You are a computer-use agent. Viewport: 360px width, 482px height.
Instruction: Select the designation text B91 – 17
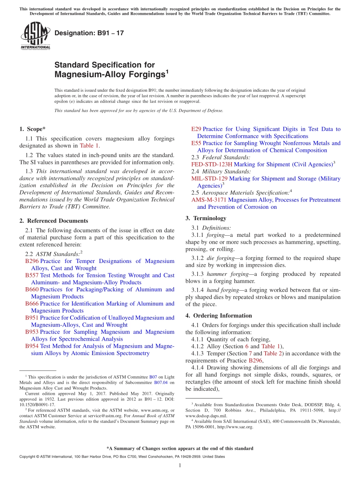click(89, 33)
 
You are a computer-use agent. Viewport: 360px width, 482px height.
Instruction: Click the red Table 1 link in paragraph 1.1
click(89, 146)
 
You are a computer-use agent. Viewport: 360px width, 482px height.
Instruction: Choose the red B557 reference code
click(32, 275)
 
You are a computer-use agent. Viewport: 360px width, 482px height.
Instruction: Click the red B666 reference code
click(32, 304)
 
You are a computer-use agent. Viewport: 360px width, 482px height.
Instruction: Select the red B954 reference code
click(32, 346)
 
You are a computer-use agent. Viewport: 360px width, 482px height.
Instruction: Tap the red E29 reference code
click(196, 129)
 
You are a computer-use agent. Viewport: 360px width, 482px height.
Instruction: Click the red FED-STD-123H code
click(212, 164)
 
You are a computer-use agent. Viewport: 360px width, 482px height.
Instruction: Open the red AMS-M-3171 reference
click(209, 200)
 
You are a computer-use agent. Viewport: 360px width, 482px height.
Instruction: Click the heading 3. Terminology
click(206, 218)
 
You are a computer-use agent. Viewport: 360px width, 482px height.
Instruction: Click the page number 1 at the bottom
click(180, 466)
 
